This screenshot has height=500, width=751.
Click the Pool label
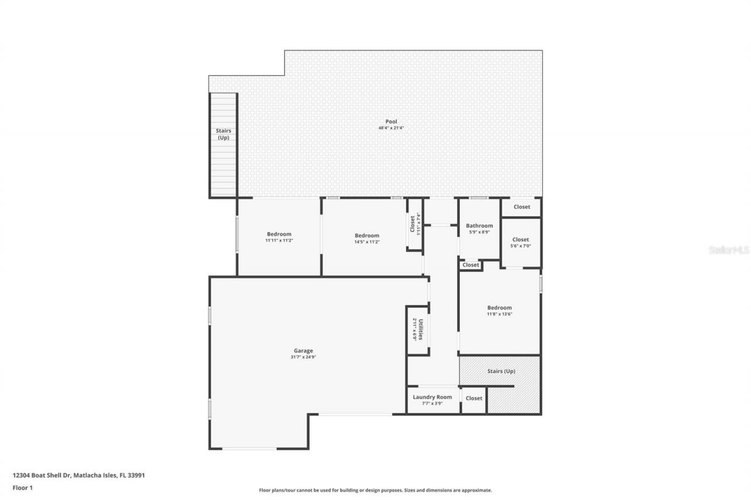click(x=391, y=121)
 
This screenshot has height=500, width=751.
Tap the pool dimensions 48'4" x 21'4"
click(x=391, y=128)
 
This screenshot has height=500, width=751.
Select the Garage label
click(x=303, y=351)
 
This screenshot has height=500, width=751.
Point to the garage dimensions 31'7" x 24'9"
click(x=303, y=357)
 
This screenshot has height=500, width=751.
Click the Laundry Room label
click(x=432, y=397)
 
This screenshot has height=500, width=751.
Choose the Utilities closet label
click(x=420, y=329)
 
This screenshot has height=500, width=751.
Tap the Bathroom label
click(x=479, y=226)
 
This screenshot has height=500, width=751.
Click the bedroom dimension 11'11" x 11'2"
click(x=279, y=241)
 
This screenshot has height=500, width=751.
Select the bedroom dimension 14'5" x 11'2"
click(x=367, y=242)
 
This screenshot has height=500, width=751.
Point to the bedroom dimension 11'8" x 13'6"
click(x=499, y=314)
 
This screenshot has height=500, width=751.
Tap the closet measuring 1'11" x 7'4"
click(x=415, y=225)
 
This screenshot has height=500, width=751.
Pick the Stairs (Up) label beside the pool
click(x=223, y=134)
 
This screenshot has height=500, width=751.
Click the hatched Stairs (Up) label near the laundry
click(x=501, y=371)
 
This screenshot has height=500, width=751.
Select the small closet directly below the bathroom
click(x=471, y=265)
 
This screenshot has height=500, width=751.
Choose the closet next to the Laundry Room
click(x=473, y=398)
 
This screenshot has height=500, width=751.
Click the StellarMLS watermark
click(x=729, y=250)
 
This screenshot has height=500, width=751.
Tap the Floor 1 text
click(x=23, y=487)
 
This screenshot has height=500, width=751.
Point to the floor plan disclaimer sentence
click(x=375, y=490)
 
